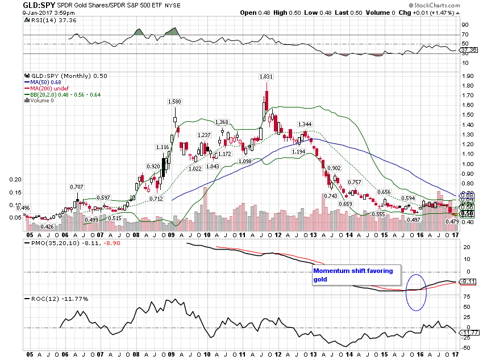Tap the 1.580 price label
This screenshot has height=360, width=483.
[174, 102]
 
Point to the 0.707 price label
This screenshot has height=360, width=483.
[77, 187]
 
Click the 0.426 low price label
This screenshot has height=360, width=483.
[48, 226]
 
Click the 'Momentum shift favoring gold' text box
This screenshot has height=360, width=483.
[356, 275]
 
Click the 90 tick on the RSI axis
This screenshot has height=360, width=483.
[464, 25]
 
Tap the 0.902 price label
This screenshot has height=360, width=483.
[334, 168]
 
